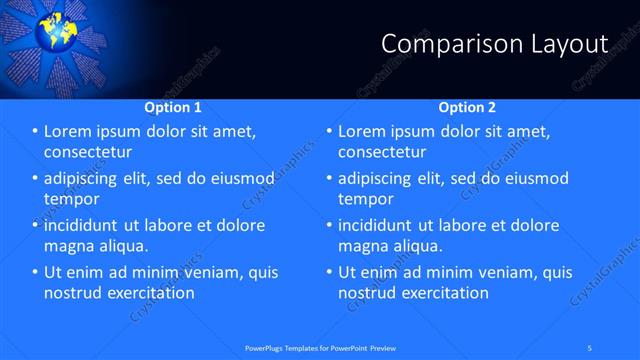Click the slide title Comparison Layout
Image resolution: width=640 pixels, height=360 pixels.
[x=495, y=44]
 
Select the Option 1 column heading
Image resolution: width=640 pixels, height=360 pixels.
[x=173, y=107]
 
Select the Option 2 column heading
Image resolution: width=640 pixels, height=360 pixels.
[x=467, y=107]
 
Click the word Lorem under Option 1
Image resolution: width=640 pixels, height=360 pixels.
[x=68, y=131]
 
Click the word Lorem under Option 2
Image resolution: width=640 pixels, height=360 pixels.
[x=362, y=131]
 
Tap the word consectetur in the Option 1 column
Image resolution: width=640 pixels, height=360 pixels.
[x=89, y=152]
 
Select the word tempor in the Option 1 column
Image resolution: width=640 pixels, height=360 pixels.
[x=72, y=199]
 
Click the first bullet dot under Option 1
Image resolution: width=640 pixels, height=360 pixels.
[x=35, y=131]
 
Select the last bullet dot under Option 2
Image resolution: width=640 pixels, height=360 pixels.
[x=329, y=272]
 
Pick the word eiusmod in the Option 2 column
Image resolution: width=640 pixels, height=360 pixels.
[x=532, y=178]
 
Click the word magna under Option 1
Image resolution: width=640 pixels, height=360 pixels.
[x=68, y=246]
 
